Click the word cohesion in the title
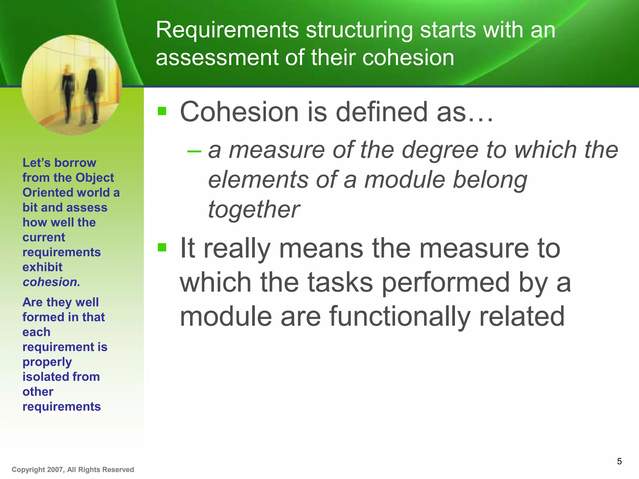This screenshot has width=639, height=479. [408, 58]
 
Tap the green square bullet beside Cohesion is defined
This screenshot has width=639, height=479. [162, 111]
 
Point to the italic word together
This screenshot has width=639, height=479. [253, 210]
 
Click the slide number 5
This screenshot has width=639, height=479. [619, 461]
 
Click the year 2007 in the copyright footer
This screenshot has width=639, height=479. [55, 470]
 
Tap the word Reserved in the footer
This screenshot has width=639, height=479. [118, 470]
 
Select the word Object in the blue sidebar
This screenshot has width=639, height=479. [95, 178]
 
